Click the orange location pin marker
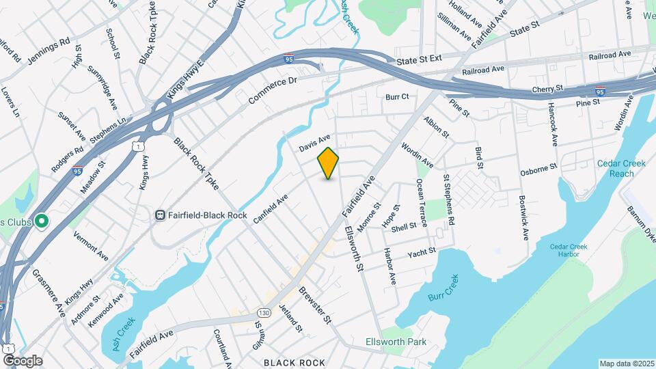[x=329, y=163]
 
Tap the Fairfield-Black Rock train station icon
[x=160, y=215]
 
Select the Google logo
[x=22, y=360]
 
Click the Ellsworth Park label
[x=396, y=342]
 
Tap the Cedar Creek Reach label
[x=615, y=168]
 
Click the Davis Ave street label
[x=314, y=143]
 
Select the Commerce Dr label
[x=273, y=90]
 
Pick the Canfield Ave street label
[x=271, y=208]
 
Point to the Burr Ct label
[x=397, y=97]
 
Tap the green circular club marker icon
[x=41, y=221]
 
